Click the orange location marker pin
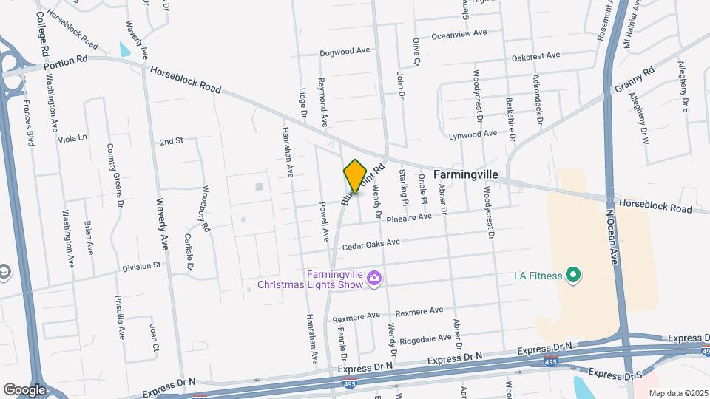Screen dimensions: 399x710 (x=355, y=177)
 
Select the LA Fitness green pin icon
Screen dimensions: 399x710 (x=572, y=276)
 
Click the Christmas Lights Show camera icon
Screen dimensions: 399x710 (x=375, y=278)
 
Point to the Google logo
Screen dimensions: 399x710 (x=24, y=389)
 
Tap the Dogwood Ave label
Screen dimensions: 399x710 (x=344, y=52)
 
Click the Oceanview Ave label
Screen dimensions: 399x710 (x=459, y=33)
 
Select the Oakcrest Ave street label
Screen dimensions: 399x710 (x=535, y=56)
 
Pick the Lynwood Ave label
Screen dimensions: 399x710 (x=473, y=134)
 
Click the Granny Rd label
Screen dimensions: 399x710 (x=634, y=81)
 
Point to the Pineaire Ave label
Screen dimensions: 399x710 (x=408, y=218)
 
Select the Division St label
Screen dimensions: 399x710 (x=141, y=266)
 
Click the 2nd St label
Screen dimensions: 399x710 (x=171, y=140)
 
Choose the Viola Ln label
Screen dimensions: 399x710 (x=72, y=137)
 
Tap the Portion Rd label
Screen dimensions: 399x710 (x=70, y=62)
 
